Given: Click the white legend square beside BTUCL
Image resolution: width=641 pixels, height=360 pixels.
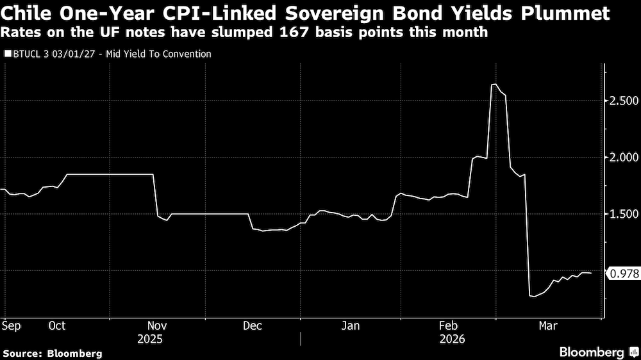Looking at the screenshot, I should coord(8,54).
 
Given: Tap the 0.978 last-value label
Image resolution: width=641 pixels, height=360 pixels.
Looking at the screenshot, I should coord(623,274).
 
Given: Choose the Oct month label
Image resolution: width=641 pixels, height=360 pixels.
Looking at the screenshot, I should coord(57,326).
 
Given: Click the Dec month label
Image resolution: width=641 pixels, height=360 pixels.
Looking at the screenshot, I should coord(253,326).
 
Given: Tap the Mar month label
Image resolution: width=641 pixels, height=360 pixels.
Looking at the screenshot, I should coord(547,326).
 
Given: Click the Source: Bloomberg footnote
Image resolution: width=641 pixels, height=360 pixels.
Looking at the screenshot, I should coord(53,353).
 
